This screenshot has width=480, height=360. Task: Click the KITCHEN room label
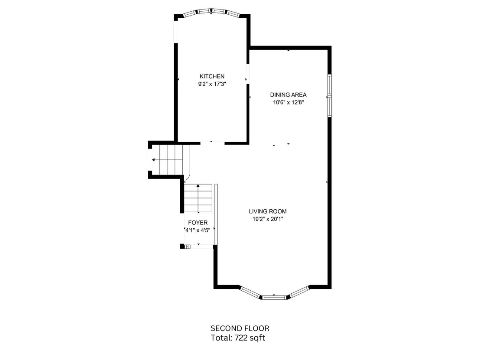pos(212,76)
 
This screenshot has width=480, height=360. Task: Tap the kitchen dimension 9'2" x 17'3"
pos(212,84)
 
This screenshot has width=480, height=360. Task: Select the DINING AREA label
pos(288,95)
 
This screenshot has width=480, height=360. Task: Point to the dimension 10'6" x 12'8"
pos(288,103)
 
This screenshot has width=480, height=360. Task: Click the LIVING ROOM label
pos(268,211)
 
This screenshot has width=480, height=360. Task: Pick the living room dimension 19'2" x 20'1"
pos(268,219)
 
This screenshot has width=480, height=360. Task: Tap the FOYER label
pos(198,223)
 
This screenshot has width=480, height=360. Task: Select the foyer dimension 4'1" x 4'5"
pos(198,230)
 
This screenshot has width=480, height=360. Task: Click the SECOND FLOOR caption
pos(240,328)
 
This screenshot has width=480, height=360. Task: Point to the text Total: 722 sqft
pos(238,338)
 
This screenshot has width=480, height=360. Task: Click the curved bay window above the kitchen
pos(211,12)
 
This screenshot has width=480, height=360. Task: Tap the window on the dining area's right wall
pos(330,95)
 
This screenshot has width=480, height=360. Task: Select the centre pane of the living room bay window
pos(274,297)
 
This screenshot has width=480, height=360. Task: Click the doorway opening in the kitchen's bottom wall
pos(212,143)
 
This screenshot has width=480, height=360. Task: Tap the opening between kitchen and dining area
pos(248,74)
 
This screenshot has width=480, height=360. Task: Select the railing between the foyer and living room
pos(216,214)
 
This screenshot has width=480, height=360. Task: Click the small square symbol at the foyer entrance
pos(188,246)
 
